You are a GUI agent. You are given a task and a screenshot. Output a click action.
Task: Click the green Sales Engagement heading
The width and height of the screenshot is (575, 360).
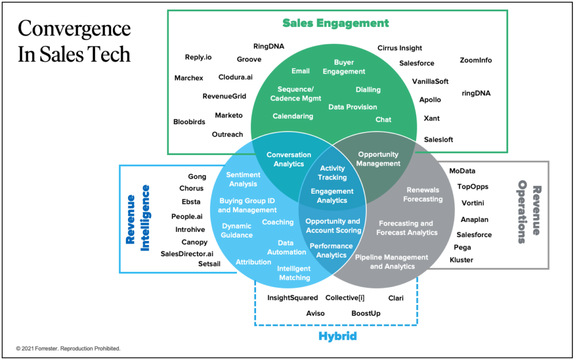[335, 23]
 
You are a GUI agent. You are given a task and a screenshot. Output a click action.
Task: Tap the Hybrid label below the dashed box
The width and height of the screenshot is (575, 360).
[337, 336]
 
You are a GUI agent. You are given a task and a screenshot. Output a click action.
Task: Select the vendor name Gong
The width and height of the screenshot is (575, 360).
[197, 176]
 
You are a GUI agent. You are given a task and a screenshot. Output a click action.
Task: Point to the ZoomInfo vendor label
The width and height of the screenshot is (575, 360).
[476, 60]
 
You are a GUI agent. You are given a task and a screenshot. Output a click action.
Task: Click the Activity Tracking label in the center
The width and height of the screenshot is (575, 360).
[332, 173]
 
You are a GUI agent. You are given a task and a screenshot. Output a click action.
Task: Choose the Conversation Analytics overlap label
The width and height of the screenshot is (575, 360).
[289, 160]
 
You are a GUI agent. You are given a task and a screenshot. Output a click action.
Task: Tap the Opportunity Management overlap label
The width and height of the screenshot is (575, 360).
[378, 159]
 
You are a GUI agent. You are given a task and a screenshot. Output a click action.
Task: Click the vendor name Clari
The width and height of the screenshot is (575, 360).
[396, 298]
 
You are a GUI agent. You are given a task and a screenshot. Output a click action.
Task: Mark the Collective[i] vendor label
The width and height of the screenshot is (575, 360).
[345, 298]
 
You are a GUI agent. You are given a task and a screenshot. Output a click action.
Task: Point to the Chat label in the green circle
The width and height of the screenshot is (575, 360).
[384, 120]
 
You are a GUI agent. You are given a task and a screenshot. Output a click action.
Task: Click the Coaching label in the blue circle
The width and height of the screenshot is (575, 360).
[277, 222]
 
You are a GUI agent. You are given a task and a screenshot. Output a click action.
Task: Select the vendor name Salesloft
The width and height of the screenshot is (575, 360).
[439, 139]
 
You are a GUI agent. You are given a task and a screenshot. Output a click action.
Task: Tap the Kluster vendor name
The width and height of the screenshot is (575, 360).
[462, 260]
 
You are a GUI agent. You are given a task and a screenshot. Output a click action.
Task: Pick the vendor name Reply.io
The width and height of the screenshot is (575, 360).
[198, 57]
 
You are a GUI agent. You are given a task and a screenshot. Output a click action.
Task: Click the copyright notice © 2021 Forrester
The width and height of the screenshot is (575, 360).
[68, 348]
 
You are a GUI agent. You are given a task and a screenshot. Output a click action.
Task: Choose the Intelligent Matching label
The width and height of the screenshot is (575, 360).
[294, 273]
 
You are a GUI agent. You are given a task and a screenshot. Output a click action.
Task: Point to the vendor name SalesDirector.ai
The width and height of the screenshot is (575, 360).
[187, 254]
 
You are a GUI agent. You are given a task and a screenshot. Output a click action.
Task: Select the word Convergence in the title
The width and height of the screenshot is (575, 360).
[74, 29]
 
